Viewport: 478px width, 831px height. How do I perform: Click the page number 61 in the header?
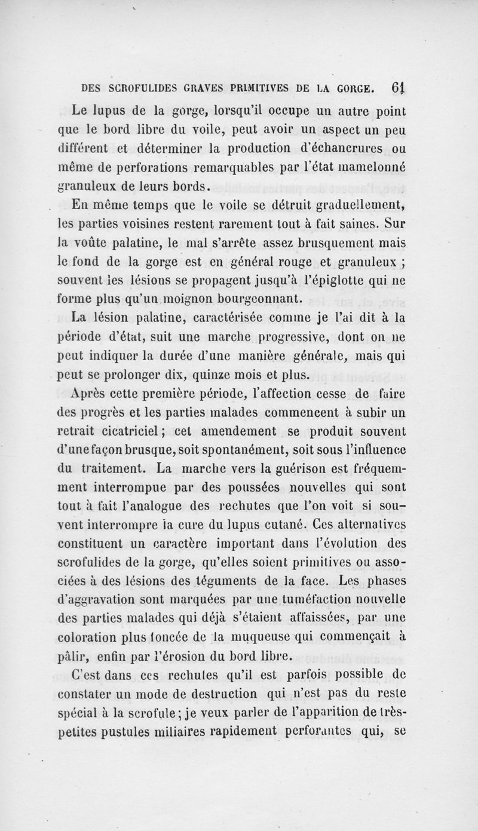399,87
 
